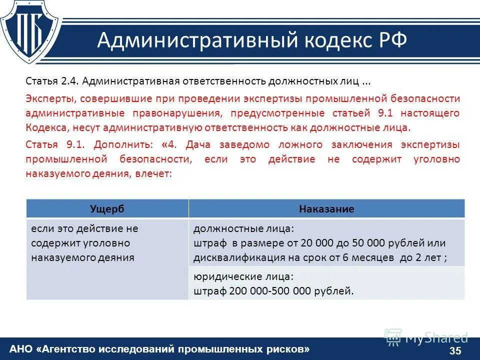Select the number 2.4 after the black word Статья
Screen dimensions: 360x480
67,81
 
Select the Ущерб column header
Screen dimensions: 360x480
107,209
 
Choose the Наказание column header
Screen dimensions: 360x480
326,209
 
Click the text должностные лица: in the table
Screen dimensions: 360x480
244,228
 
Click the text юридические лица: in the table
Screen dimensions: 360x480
243,276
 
